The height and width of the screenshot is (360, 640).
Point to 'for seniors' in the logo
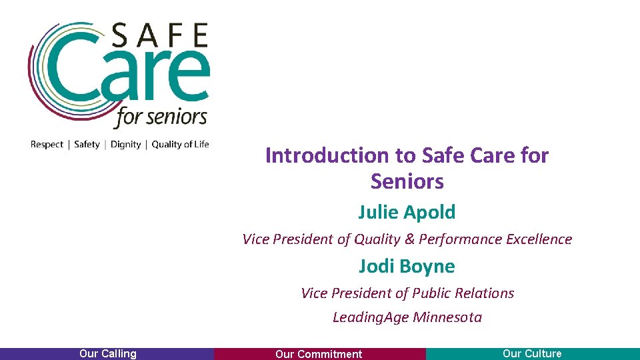click(x=161, y=118)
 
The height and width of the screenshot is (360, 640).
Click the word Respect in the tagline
click(x=47, y=144)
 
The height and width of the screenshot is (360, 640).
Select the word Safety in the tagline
click(x=87, y=144)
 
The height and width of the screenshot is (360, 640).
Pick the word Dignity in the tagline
click(x=125, y=144)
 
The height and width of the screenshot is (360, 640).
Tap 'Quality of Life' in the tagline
click(x=180, y=144)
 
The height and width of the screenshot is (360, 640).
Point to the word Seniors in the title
click(x=407, y=181)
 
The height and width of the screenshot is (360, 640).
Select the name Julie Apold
click(x=407, y=213)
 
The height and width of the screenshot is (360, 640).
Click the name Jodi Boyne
click(x=407, y=267)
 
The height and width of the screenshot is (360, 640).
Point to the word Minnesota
click(x=447, y=317)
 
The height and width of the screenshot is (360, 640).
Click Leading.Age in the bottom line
click(x=370, y=317)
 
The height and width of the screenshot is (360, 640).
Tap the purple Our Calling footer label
click(x=107, y=354)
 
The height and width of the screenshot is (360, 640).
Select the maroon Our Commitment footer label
click(x=319, y=354)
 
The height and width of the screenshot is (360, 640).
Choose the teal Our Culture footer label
click(x=532, y=354)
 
